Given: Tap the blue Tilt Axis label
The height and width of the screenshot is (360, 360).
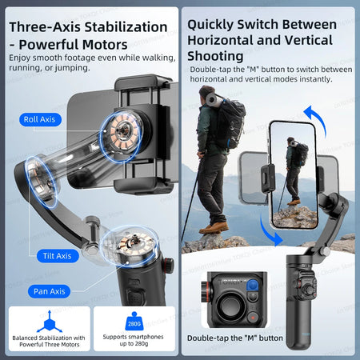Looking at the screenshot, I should pyautogui.click(x=58, y=256).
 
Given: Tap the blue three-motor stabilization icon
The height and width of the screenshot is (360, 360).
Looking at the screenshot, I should pyautogui.click(x=49, y=322).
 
